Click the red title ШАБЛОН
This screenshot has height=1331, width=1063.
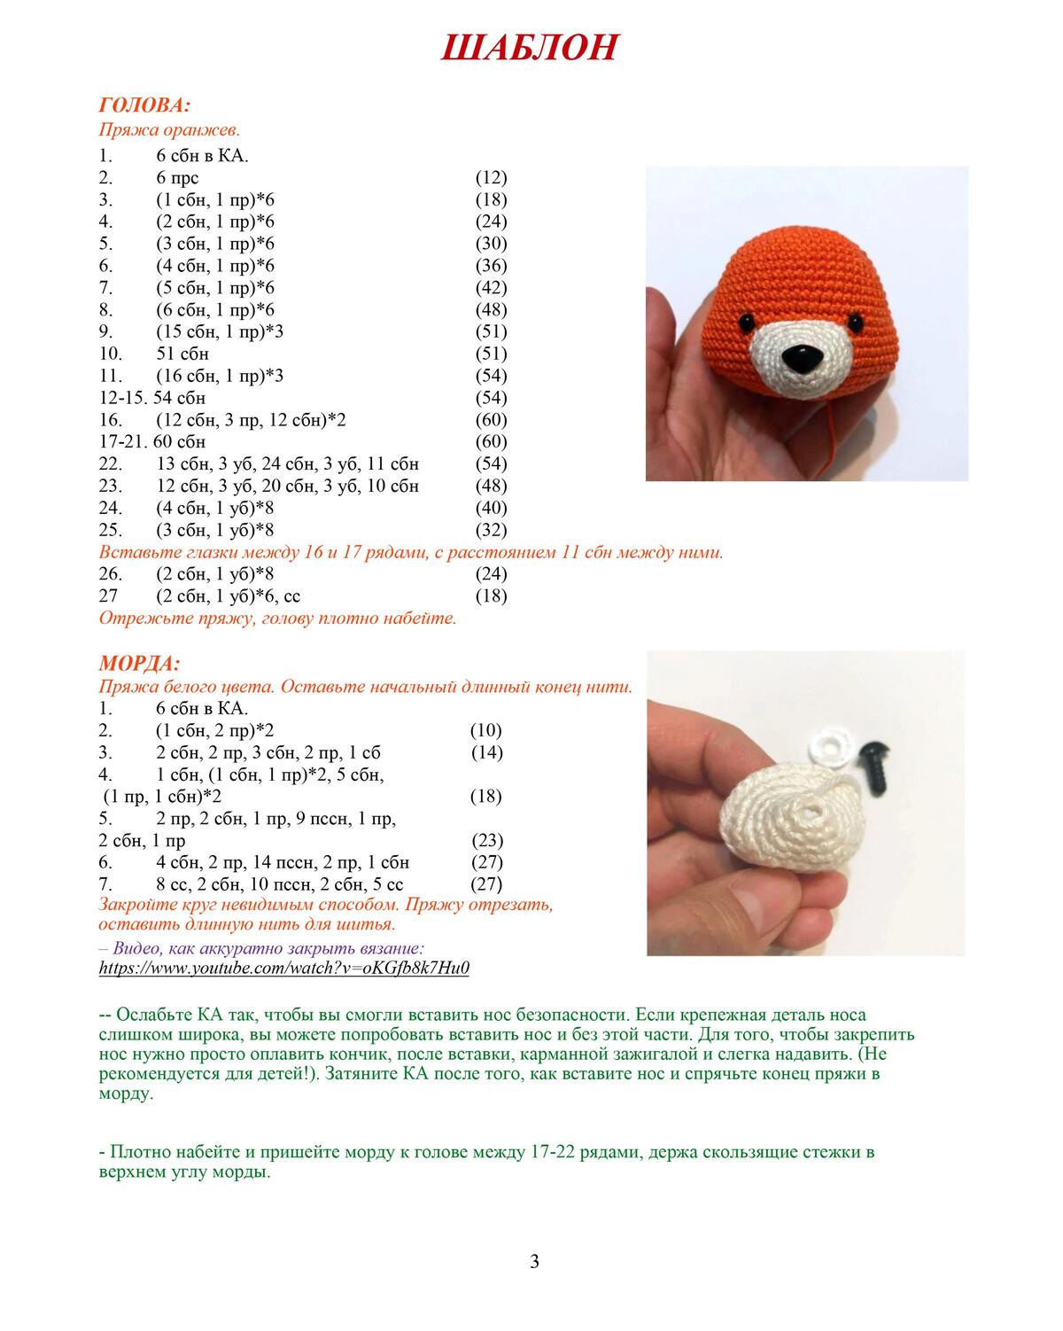click(529, 48)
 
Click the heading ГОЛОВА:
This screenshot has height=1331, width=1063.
click(144, 105)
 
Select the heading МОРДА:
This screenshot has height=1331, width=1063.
click(139, 664)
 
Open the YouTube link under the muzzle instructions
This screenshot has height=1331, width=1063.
click(283, 968)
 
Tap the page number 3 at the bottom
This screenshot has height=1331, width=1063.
click(534, 1261)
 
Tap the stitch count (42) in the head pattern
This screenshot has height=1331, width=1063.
click(491, 288)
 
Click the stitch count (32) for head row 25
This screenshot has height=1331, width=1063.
click(491, 530)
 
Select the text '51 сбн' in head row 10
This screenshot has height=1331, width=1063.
click(182, 354)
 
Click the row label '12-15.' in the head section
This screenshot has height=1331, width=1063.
click(123, 398)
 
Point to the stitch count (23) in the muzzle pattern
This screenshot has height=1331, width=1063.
click(486, 840)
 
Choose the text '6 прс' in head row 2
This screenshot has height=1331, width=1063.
click(177, 177)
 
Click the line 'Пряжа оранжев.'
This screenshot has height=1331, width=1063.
click(169, 129)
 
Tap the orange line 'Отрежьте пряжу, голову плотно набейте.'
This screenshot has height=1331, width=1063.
click(277, 619)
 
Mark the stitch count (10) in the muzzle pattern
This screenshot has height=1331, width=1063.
click(485, 730)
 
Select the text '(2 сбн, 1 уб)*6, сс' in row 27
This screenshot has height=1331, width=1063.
click(228, 596)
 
